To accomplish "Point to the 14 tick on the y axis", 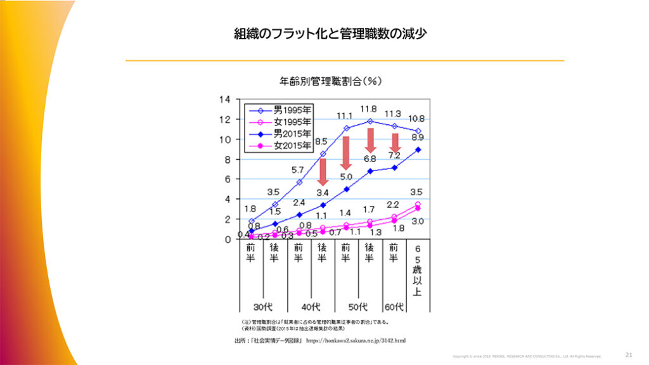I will coord(224,99).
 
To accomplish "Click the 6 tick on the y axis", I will coord(226,179).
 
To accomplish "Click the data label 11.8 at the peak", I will coord(368,110).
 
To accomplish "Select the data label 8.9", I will coord(417,137).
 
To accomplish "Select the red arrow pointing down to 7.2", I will coord(394,143).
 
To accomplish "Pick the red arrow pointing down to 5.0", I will coord(346,152).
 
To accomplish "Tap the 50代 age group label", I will coord(358,307).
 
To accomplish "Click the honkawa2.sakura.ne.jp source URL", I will coord(356,340).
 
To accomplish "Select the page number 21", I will coord(629,354).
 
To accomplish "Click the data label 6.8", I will coord(369,158).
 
